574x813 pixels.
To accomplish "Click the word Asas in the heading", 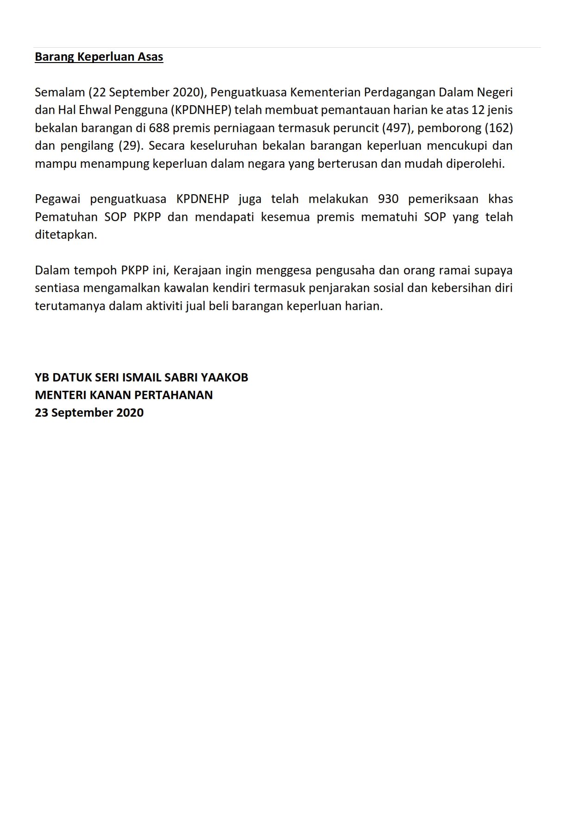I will (151, 57).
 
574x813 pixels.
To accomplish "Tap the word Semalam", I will (59, 92).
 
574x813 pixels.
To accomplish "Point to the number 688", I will (159, 128).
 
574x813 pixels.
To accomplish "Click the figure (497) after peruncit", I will (397, 128).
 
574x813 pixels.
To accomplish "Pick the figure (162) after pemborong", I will (498, 128).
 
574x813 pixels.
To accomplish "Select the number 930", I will (388, 199).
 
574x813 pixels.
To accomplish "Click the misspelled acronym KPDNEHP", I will (202, 199).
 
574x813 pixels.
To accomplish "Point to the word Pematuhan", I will (66, 217).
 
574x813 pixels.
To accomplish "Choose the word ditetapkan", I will (66, 235).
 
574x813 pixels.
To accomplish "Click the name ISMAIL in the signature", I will (139, 377).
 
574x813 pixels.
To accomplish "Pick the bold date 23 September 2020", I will (89, 413).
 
